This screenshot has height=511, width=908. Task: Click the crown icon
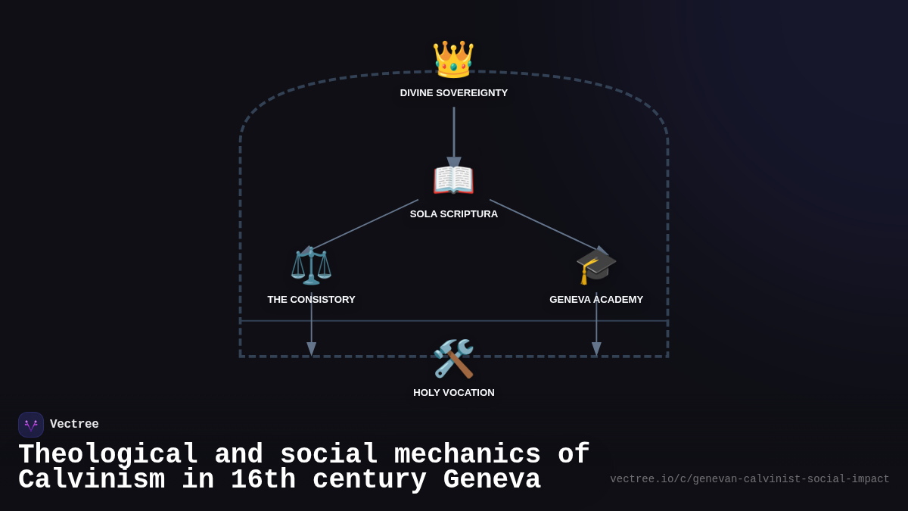(x=453, y=59)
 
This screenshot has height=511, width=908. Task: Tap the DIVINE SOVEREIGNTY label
(x=454, y=93)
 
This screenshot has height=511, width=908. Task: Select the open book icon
(x=453, y=180)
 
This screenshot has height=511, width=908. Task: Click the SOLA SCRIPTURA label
(x=454, y=214)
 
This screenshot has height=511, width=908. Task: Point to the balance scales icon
(x=311, y=265)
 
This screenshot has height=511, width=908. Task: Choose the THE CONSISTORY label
(x=311, y=300)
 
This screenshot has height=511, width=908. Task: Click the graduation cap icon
(x=596, y=266)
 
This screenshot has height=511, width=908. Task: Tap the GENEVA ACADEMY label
(x=596, y=300)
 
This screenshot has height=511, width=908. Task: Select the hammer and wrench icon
(x=453, y=358)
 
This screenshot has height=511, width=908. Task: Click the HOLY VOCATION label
(x=454, y=393)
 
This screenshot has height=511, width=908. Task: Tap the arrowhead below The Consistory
(x=311, y=349)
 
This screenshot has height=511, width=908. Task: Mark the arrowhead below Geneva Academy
(x=596, y=349)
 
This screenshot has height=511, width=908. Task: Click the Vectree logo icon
(x=31, y=425)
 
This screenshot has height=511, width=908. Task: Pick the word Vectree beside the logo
(x=74, y=425)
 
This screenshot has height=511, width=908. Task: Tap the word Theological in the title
(x=108, y=455)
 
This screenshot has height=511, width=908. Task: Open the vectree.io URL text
(x=749, y=479)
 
